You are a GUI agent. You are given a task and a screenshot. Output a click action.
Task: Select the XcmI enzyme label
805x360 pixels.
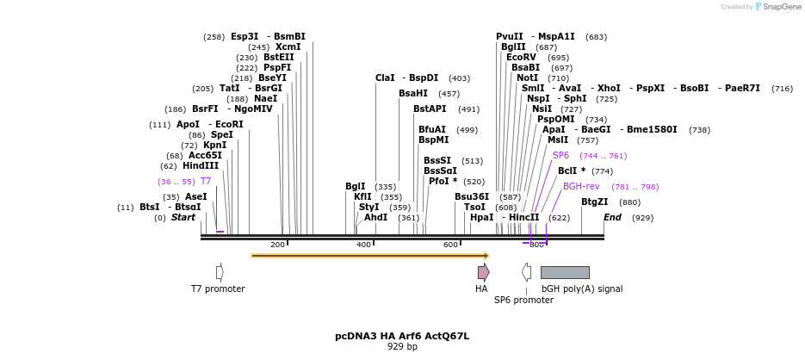288,47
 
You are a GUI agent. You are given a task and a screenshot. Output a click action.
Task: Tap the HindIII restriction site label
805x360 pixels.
201,165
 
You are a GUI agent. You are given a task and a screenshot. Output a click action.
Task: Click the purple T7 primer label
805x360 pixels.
206,181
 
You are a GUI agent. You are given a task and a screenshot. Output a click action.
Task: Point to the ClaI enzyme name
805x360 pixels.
385,78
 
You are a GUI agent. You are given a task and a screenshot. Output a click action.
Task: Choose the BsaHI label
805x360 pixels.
413,93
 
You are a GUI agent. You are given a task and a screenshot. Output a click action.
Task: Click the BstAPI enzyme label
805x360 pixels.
430,109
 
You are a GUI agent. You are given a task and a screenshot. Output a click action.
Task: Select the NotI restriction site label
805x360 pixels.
528,78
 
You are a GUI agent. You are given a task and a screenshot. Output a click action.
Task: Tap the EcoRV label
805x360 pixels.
521,57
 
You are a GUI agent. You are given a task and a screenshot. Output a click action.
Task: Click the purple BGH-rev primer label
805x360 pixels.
581,186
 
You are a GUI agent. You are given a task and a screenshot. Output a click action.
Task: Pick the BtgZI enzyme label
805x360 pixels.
594,202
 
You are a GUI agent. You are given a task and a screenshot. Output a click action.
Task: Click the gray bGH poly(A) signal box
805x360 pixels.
565,272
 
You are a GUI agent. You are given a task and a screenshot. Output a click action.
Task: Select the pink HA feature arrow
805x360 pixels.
484,272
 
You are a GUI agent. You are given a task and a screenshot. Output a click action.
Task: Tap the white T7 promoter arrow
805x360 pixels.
220,272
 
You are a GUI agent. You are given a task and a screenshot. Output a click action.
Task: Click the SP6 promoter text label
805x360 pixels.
523,301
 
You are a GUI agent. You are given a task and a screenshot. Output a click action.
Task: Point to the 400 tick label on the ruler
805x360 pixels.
363,245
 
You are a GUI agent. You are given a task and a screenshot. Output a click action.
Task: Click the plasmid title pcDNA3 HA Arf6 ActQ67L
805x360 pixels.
402,336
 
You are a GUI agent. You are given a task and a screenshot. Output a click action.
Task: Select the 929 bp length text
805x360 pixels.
402,346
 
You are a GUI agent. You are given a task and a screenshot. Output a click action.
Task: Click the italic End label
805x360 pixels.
612,217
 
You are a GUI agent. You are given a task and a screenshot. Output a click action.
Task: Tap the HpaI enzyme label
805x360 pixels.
481,217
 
